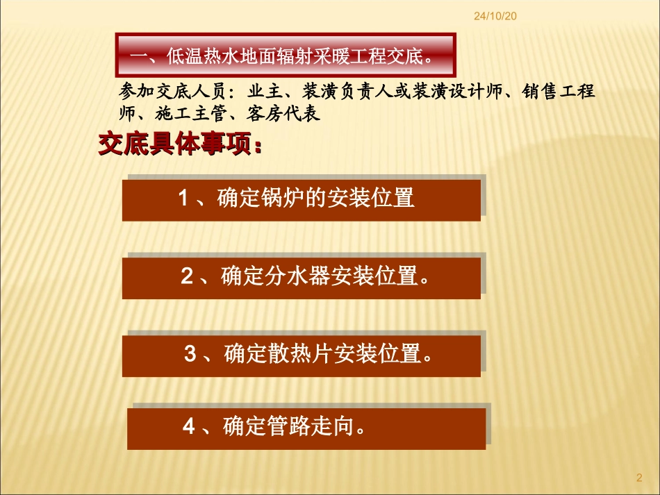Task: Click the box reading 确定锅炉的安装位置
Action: (302, 200)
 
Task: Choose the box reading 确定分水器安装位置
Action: (302, 278)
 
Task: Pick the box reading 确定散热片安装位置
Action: (302, 355)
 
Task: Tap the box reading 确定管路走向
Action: (306, 428)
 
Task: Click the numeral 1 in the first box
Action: (184, 199)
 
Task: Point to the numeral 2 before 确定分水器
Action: (187, 276)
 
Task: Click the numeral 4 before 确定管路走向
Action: (190, 426)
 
